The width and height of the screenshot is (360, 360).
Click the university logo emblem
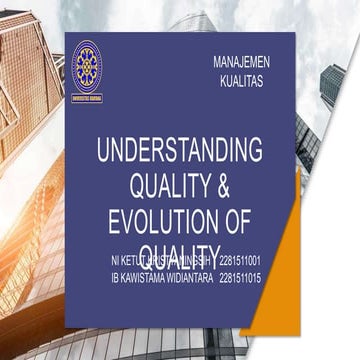pyautogui.click(x=86, y=68)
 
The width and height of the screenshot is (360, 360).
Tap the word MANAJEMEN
pyautogui.click(x=241, y=62)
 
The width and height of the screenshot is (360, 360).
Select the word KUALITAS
pyautogui.click(x=241, y=82)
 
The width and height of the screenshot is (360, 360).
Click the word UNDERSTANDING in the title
pyautogui.click(x=180, y=151)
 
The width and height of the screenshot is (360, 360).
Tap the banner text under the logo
pyautogui.click(x=86, y=98)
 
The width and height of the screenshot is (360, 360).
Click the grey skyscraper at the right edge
pyautogui.click(x=332, y=90)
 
